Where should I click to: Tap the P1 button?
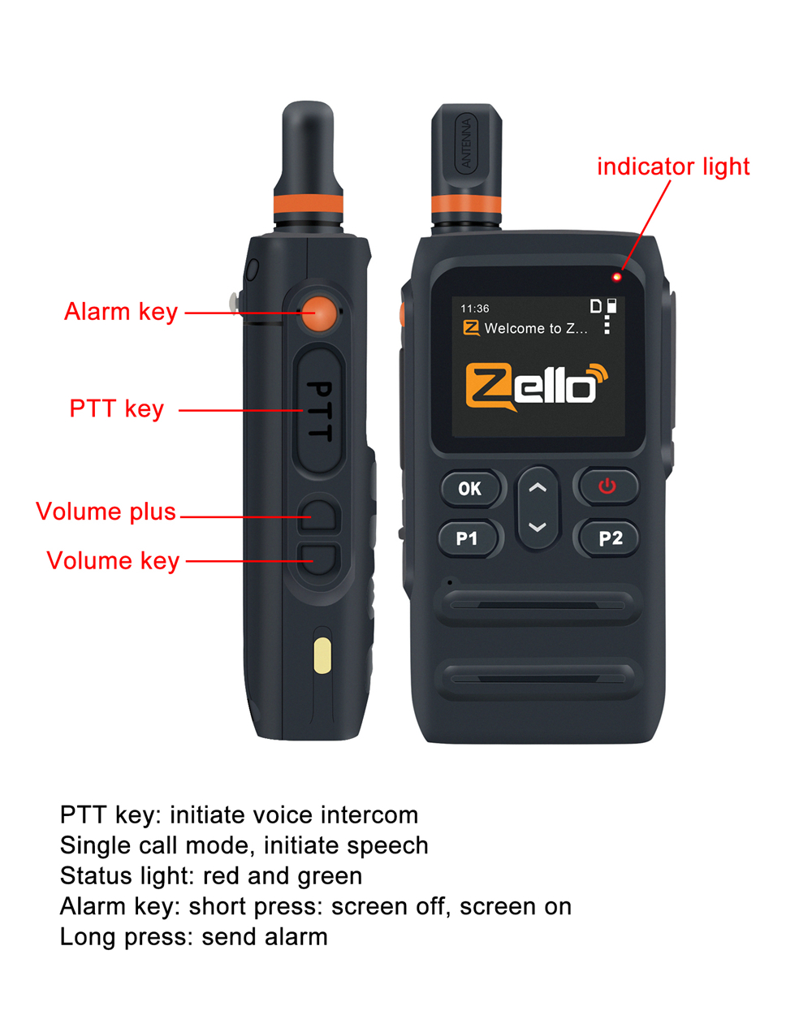pos(469,538)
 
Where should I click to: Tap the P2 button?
pos(609,538)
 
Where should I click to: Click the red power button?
pos(607,486)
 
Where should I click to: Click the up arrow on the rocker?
pos(538,487)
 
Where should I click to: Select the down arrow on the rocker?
pos(538,527)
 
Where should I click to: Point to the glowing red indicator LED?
pos(616,277)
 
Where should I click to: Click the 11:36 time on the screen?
pos(475,309)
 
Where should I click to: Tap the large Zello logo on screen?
pos(537,387)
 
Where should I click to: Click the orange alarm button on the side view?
pos(319,313)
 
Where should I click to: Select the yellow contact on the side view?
pos(322,655)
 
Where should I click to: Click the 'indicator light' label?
pos(673,166)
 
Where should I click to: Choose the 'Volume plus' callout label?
pos(106,512)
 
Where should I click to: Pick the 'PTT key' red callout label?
pos(117,409)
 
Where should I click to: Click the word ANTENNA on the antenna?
pos(466,143)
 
